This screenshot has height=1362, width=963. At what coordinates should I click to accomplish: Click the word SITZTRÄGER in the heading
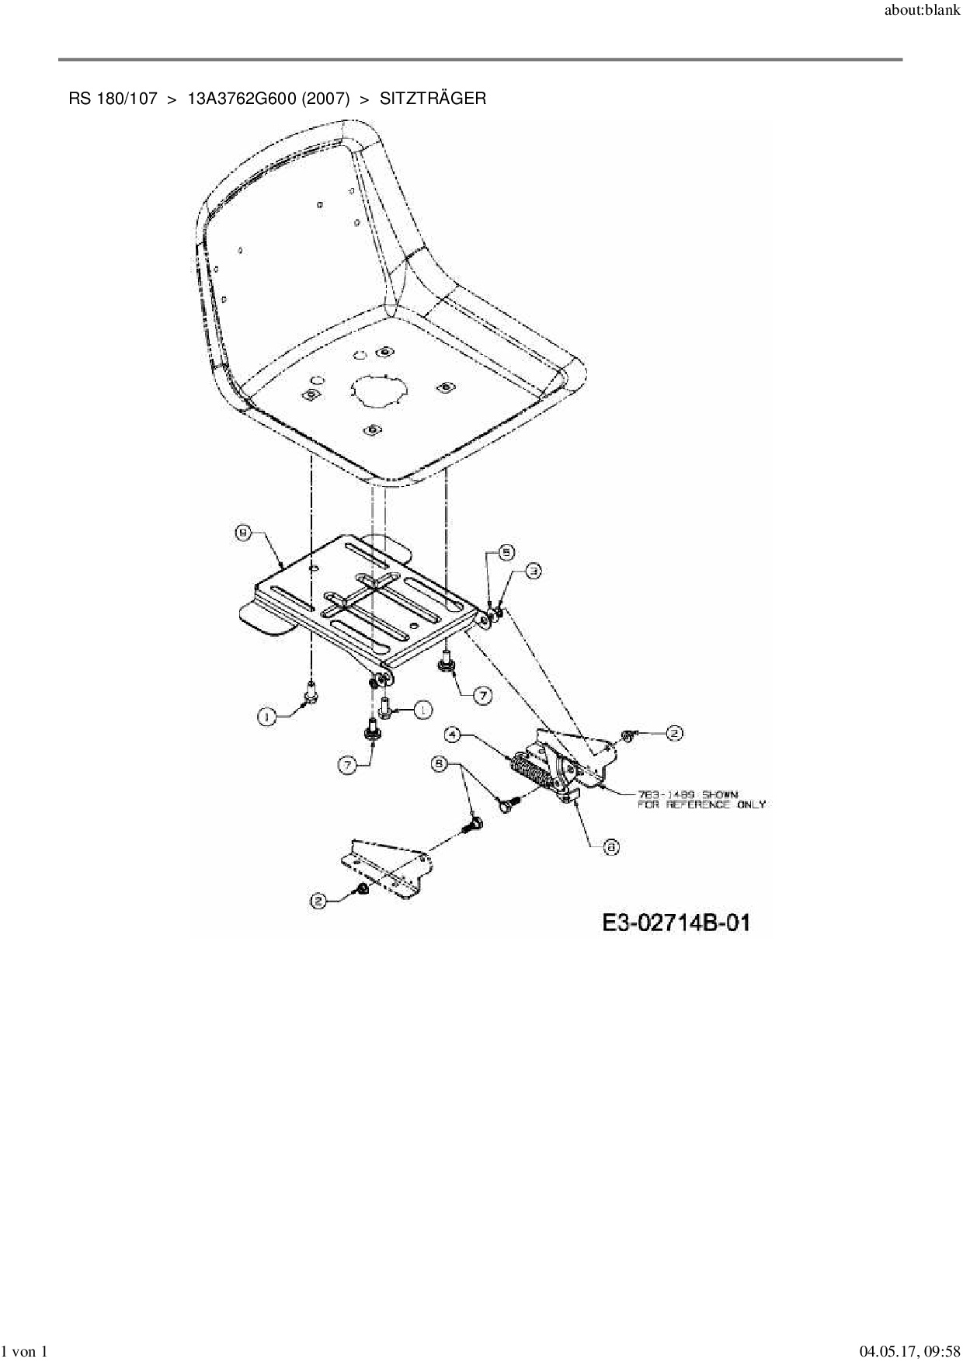pyautogui.click(x=433, y=99)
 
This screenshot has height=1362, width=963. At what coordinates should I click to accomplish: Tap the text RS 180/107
pyautogui.click(x=113, y=99)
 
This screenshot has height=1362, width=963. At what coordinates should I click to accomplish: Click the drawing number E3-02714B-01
pyautogui.click(x=676, y=922)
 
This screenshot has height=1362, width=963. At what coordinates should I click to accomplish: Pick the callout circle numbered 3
pyautogui.click(x=534, y=572)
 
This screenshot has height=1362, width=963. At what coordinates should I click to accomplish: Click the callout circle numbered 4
pyautogui.click(x=452, y=734)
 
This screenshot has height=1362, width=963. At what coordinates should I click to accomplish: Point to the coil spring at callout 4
pyautogui.click(x=530, y=774)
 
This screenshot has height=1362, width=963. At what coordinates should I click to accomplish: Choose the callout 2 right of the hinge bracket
pyautogui.click(x=674, y=732)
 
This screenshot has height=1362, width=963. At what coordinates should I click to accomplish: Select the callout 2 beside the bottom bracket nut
pyautogui.click(x=318, y=901)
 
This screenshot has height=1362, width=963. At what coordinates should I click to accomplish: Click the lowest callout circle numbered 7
pyautogui.click(x=347, y=765)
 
